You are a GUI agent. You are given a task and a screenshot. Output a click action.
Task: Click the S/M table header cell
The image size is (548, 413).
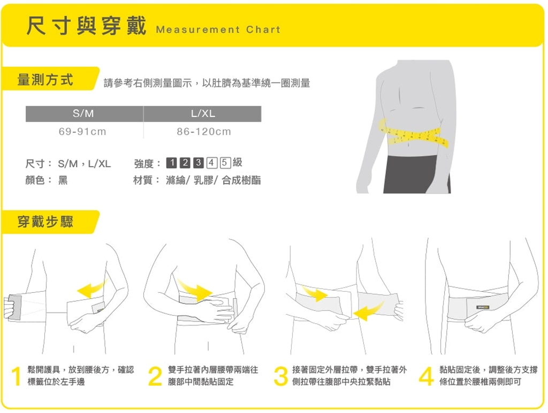(84, 114)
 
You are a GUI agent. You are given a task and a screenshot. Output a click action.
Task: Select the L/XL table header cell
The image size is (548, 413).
(203, 114)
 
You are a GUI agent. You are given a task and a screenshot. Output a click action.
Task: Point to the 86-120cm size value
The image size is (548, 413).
(203, 131)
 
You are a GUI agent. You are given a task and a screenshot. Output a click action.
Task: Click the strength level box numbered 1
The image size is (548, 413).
(172, 163)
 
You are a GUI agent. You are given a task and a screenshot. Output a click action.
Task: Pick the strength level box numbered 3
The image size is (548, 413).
(198, 163)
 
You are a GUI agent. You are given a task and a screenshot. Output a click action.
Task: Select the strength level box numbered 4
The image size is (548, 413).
(211, 163)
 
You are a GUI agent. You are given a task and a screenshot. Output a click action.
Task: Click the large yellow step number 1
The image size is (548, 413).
(17, 376)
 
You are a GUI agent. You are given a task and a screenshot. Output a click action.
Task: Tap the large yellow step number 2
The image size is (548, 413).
(155, 376)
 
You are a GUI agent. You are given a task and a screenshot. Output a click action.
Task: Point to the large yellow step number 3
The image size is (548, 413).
(280, 376)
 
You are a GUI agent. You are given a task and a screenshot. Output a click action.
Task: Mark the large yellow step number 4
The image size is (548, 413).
(426, 376)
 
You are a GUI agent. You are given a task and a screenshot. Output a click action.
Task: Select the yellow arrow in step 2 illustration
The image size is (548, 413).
(195, 289)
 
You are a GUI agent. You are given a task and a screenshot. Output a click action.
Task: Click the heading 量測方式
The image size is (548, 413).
(45, 81)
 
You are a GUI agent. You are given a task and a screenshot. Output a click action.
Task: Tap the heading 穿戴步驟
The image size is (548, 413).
(45, 222)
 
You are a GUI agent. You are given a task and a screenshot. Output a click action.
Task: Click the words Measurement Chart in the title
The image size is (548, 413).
(218, 29)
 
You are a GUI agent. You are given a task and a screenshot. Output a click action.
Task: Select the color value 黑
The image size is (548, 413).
(63, 180)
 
